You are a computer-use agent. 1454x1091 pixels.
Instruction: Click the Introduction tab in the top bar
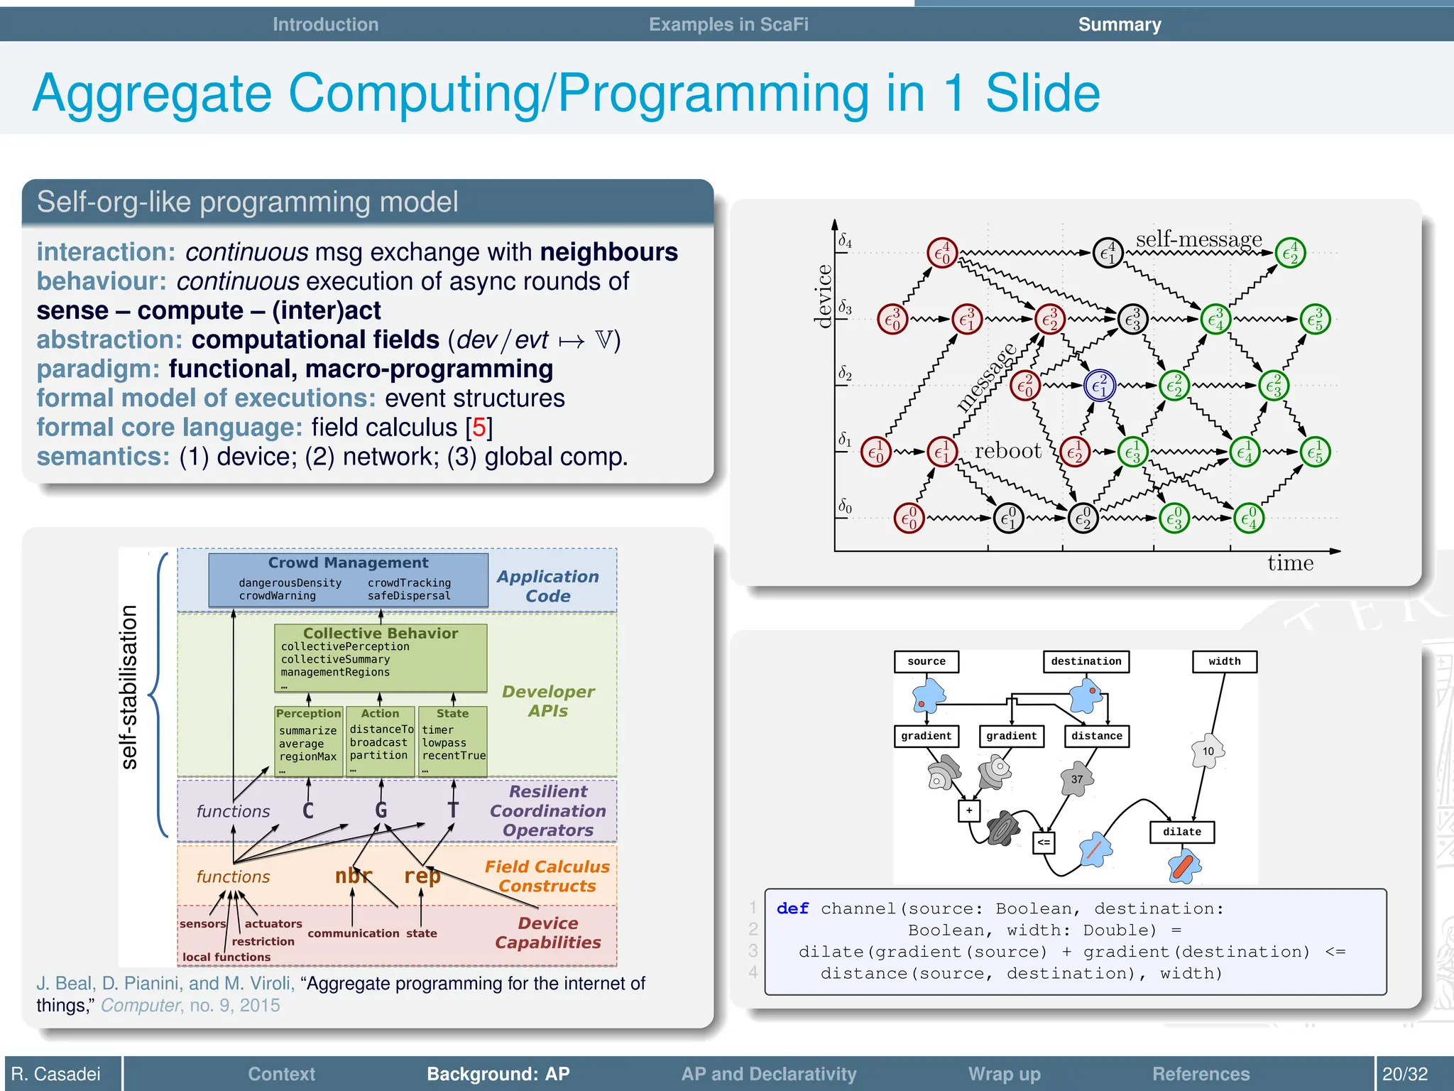coord(325,24)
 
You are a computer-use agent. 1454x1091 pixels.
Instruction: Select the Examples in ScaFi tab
coord(728,24)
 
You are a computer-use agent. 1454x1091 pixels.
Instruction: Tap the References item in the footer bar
coord(1201,1073)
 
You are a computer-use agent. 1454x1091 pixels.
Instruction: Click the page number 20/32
coord(1404,1073)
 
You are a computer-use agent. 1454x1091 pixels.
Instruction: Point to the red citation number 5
coord(479,428)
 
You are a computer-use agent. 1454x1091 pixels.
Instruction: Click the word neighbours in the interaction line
coord(608,252)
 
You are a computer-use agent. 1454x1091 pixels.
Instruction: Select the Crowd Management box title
coord(348,563)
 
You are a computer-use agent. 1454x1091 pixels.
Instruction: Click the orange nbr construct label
coord(353,876)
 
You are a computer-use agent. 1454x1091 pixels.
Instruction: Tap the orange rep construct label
coord(422,876)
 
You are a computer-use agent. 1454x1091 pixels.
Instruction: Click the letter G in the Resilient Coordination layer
coord(381,810)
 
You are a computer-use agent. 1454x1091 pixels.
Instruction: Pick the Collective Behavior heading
coord(381,633)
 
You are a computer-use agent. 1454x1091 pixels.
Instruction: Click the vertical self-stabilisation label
coord(129,687)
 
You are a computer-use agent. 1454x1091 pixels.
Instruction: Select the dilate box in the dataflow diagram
coord(1181,832)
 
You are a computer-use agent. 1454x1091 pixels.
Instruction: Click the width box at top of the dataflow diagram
coord(1224,661)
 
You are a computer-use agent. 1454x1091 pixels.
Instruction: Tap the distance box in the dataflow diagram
coord(1096,736)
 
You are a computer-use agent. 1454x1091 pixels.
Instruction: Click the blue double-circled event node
coord(1100,386)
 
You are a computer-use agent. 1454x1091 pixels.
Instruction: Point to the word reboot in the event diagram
coord(1007,451)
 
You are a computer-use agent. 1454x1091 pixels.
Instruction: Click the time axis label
coord(1290,563)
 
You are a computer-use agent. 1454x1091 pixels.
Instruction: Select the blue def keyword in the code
coord(792,908)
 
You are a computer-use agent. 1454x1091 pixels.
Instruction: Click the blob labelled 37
coord(1077,779)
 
